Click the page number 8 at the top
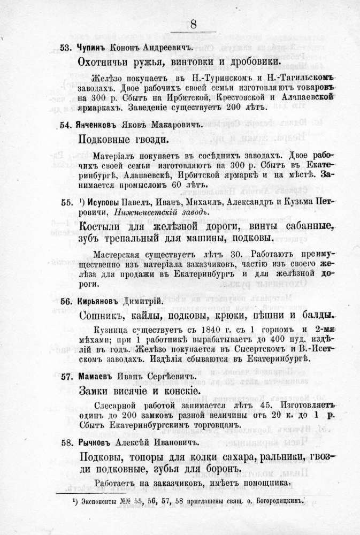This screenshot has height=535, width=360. pos(194,25)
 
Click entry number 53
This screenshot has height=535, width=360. pos(66,48)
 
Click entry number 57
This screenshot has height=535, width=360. pos(66,376)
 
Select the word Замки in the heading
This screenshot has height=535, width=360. pos(95,390)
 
